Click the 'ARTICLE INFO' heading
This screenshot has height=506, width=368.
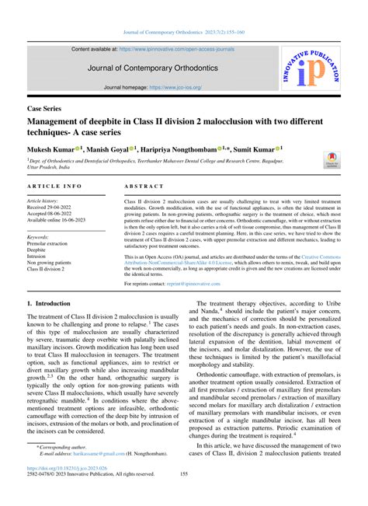pyautogui.click(x=54, y=187)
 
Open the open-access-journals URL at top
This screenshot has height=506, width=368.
pyautogui.click(x=186, y=49)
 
